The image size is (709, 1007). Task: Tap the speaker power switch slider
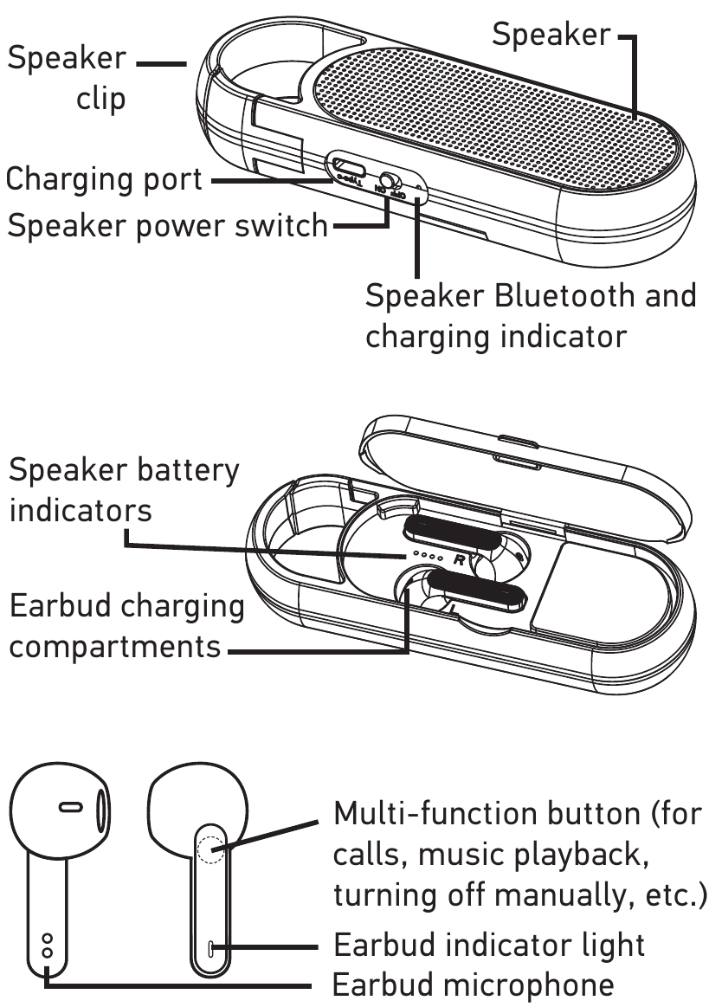click(390, 184)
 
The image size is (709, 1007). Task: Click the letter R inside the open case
click(460, 560)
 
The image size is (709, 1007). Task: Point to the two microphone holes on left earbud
click(48, 946)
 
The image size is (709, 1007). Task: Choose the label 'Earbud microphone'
click(474, 985)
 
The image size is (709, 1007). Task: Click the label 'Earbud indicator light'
click(489, 944)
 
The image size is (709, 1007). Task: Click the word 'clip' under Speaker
click(101, 98)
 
